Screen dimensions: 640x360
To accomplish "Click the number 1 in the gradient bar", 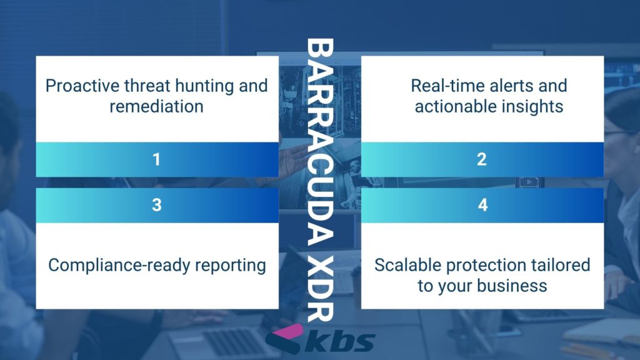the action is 156,159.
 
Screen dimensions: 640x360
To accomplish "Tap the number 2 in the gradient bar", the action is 482,159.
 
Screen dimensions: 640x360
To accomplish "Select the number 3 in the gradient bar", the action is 157,205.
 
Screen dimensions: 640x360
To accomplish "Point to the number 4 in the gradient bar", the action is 483,205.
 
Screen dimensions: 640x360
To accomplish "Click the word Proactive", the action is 82,86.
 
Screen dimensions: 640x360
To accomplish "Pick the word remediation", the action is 156,106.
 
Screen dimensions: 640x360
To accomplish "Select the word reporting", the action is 230,266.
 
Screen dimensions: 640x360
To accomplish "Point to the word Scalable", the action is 407,265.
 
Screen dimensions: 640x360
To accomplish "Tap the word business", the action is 512,286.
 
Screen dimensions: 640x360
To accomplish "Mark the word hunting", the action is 204,86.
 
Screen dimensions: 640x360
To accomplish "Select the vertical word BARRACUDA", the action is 320,142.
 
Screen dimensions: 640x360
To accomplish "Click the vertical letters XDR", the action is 320,289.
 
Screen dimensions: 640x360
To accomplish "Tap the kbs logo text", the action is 339,342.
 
